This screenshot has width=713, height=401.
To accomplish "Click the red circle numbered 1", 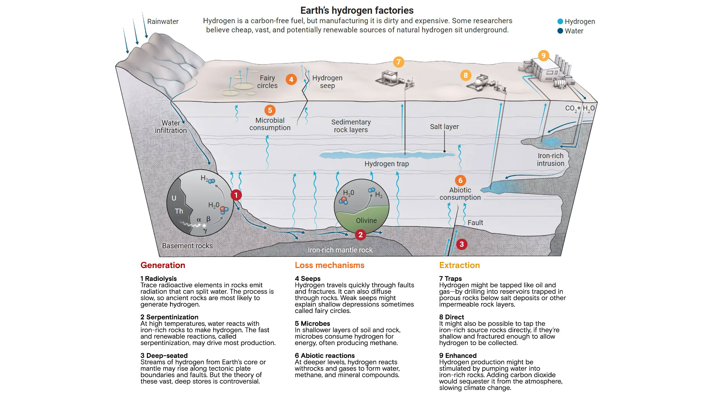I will tap(236, 195).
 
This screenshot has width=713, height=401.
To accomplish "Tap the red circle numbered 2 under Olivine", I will tap(360, 235).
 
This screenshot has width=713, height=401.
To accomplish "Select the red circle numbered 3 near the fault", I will tap(462, 244).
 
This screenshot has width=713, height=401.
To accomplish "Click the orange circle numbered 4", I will tap(291, 79).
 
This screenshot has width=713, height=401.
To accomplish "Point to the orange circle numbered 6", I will tap(460, 180).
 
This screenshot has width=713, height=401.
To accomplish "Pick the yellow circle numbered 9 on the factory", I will tap(543, 56).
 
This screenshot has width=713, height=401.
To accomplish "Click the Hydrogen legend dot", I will tap(560, 21).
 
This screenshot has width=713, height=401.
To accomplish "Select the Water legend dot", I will tap(560, 31).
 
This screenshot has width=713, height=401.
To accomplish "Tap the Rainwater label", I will tap(163, 21).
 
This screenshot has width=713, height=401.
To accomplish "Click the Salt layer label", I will tap(444, 127).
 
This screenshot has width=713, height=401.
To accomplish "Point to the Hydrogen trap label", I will tap(386, 164).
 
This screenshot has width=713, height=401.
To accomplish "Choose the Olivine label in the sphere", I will tap(366, 221).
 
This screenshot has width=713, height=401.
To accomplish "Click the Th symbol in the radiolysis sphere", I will tap(179, 211).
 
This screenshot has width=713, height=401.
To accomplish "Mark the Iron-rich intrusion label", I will tap(550, 160).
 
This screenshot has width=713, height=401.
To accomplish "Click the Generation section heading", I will tap(163, 265).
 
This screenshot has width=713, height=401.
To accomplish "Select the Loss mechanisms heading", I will tap(329, 265).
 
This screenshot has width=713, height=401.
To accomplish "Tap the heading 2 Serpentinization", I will tap(169, 317).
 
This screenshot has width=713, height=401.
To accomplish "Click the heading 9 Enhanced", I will tap(458, 355).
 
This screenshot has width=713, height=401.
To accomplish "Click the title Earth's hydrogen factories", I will tap(357, 10).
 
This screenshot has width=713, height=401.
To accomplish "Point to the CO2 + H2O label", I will tap(580, 108).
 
